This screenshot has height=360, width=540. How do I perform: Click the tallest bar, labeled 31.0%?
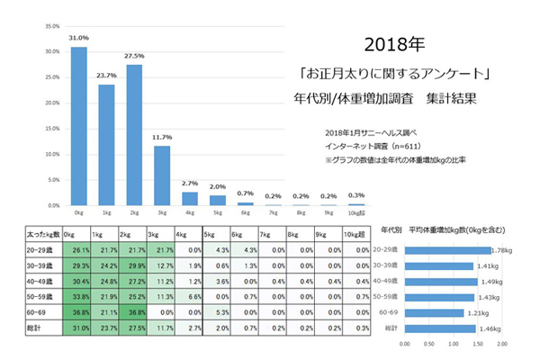click(79, 126)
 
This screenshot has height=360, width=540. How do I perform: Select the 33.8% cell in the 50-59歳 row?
click(79, 296)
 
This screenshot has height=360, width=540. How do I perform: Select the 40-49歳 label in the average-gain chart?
click(386, 281)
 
